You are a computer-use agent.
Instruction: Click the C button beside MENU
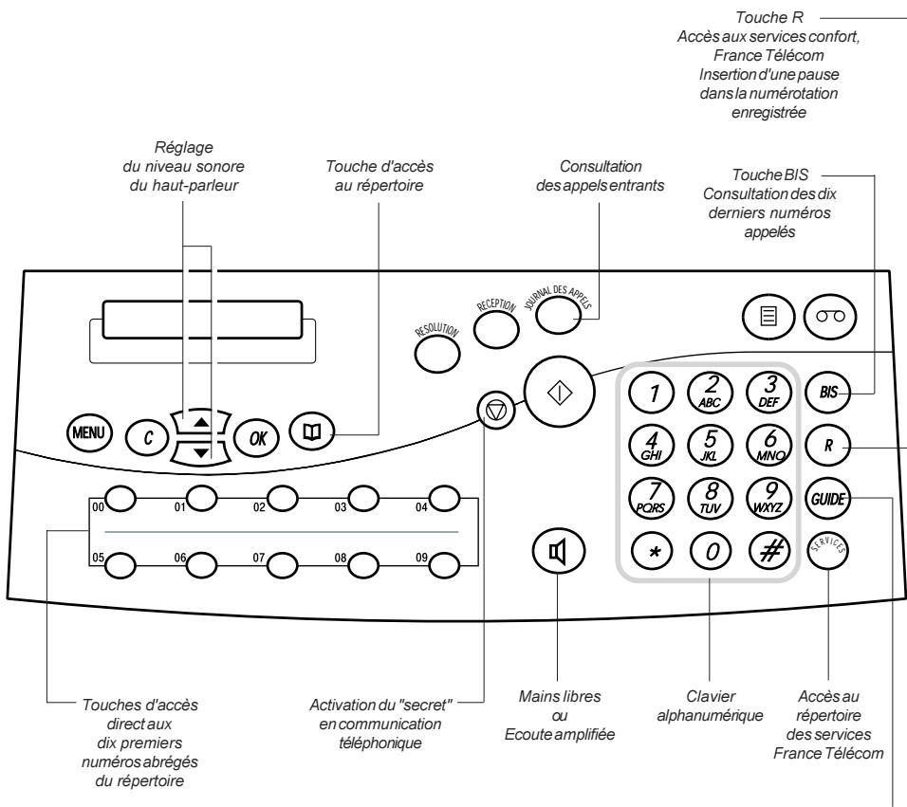(147, 437)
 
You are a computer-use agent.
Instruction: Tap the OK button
(257, 437)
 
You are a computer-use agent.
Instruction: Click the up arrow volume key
(201, 423)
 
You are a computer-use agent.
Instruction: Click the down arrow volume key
(201, 452)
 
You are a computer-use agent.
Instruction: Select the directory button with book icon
(312, 431)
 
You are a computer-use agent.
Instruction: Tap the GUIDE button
(828, 498)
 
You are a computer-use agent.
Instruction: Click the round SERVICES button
(827, 549)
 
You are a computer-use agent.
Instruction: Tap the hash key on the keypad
(770, 551)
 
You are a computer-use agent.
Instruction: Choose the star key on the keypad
(653, 552)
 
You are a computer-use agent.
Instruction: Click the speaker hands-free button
(558, 552)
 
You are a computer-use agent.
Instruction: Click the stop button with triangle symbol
(496, 411)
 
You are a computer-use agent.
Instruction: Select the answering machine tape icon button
(830, 316)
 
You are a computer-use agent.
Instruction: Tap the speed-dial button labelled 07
(283, 563)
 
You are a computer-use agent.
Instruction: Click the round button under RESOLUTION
(437, 355)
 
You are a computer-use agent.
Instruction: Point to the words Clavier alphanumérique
(710, 706)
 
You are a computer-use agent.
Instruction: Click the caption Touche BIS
(770, 174)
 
